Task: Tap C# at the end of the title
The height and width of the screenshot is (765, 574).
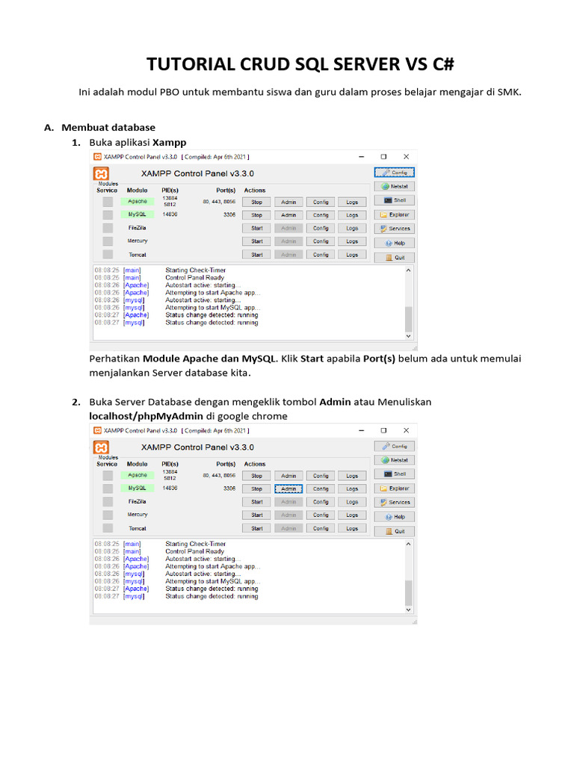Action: coord(442,64)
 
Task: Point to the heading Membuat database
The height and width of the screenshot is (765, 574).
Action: coord(108,127)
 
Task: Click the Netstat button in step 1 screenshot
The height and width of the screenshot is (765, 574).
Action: coord(395,186)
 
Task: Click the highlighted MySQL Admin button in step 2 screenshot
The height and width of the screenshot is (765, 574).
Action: coord(288,489)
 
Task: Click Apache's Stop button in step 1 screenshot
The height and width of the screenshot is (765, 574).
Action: coord(256,202)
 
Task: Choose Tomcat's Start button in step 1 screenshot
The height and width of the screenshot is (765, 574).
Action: coord(256,255)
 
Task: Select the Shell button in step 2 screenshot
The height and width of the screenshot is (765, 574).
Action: coord(395,474)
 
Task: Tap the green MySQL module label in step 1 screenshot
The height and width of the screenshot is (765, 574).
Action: coord(137,214)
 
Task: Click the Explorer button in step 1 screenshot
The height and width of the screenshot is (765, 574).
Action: coord(395,214)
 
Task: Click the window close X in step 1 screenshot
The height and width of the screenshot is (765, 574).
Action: coord(406,157)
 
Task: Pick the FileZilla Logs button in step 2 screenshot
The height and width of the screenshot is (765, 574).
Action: coord(352,502)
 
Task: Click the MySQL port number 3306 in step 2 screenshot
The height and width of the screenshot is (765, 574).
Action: coord(229,489)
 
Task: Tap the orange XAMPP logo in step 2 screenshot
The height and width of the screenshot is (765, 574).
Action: coord(101,447)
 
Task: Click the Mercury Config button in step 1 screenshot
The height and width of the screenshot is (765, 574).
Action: coord(320,241)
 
